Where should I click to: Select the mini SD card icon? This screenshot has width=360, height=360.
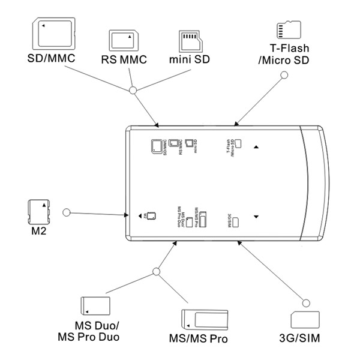[191, 41]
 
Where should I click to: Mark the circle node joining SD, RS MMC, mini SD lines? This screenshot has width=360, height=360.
[133, 91]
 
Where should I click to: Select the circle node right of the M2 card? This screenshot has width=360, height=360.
[67, 212]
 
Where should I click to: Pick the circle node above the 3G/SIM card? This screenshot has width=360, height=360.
[305, 301]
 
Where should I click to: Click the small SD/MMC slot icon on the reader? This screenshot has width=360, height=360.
[155, 146]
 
